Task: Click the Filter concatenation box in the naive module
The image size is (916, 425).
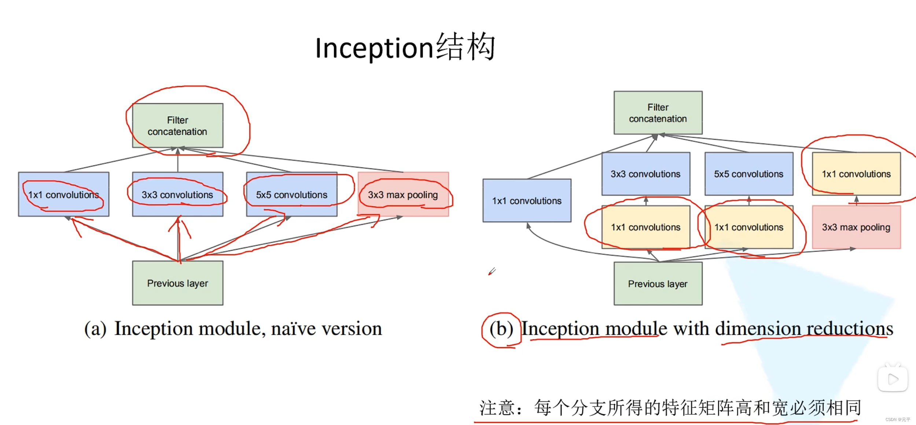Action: tap(177, 125)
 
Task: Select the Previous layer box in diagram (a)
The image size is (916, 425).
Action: tap(177, 283)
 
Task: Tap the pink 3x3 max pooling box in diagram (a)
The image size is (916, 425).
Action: tap(403, 194)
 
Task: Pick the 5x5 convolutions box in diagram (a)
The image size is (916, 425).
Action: tap(291, 194)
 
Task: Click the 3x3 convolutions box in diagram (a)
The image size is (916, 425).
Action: tap(177, 194)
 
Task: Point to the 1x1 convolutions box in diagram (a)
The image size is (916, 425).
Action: tap(63, 194)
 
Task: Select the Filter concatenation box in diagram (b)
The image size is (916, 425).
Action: tap(658, 113)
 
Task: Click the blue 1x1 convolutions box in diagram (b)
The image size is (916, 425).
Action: tap(527, 201)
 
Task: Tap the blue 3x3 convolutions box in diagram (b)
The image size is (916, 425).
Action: tap(645, 174)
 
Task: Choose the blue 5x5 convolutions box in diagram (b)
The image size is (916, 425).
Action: tap(748, 174)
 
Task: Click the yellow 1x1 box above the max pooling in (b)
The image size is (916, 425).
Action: tap(856, 174)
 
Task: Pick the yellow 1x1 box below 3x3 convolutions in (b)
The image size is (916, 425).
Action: tap(645, 227)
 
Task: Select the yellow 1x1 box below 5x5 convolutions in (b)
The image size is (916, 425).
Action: tap(748, 227)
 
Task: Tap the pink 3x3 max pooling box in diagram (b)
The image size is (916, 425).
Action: tap(856, 227)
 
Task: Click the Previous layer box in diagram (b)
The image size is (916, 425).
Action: tap(658, 283)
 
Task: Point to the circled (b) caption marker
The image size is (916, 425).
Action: tap(501, 329)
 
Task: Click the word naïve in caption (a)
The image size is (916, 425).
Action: tap(293, 329)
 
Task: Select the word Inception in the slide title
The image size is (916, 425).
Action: tap(374, 48)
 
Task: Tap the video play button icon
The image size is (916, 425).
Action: tap(893, 379)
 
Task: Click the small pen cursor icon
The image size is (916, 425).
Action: tap(492, 271)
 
